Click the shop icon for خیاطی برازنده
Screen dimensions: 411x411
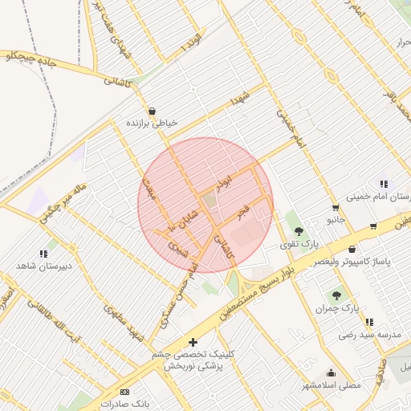pyautogui.click(x=152, y=112)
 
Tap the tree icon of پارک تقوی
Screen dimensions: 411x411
pyautogui.click(x=299, y=230)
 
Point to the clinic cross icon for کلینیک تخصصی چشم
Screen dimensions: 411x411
pyautogui.click(x=193, y=342)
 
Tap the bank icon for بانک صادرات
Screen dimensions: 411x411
pyautogui.click(x=124, y=391)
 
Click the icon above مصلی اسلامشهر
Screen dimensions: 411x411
pyautogui.click(x=332, y=372)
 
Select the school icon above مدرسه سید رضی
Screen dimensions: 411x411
pyautogui.click(x=369, y=322)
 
